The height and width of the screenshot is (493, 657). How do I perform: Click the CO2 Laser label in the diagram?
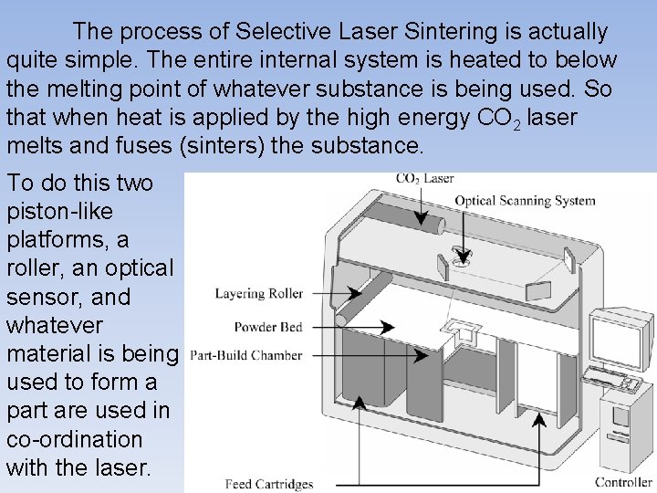coord(424,179)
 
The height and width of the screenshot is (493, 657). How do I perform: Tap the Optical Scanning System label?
coord(525,201)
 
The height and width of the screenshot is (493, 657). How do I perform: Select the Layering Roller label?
coord(259,294)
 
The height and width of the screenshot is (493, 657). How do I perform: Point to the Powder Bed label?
coord(268,326)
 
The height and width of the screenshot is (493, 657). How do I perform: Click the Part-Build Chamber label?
coord(246,355)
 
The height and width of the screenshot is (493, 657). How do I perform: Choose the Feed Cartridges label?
coord(269,484)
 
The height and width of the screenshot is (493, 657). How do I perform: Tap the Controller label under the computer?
coord(623,482)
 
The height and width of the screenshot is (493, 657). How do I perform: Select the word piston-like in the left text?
coord(60,211)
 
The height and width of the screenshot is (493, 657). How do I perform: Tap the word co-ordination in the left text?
coord(74,438)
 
